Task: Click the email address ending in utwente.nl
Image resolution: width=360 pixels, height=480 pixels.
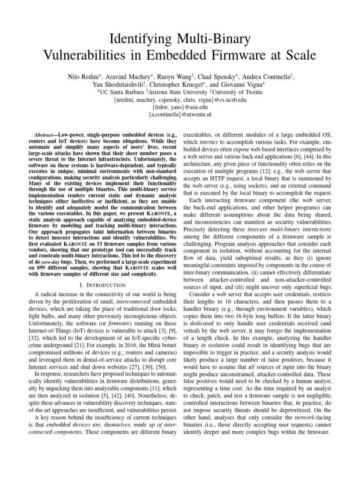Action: pyautogui.click(x=180, y=114)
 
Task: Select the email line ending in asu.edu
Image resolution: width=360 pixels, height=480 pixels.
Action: pyautogui.click(x=180, y=106)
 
